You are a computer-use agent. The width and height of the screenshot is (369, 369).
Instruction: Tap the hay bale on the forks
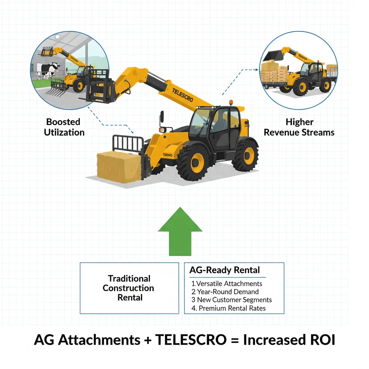(x=118, y=166)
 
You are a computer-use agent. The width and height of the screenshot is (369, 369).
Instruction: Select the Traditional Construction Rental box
(x=129, y=288)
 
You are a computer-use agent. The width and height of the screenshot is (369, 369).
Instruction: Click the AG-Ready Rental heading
(x=224, y=270)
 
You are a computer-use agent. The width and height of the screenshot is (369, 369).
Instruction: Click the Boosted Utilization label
(x=64, y=127)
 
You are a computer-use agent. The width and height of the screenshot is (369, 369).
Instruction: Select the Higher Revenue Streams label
(x=299, y=127)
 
